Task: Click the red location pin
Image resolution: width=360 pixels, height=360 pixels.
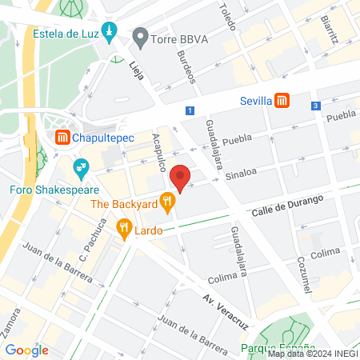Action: (182, 178)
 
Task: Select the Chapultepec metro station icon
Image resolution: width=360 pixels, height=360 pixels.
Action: (62, 138)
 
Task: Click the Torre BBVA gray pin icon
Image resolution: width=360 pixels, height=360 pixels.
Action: (141, 35)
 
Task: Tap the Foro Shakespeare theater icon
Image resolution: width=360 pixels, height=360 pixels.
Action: (80, 168)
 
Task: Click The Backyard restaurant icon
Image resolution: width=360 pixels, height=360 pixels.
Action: (167, 203)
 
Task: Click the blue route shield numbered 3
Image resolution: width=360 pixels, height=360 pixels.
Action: (316, 106)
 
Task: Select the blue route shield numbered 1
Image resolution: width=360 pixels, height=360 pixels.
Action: (190, 110)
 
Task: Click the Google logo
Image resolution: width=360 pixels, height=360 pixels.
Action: (27, 350)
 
